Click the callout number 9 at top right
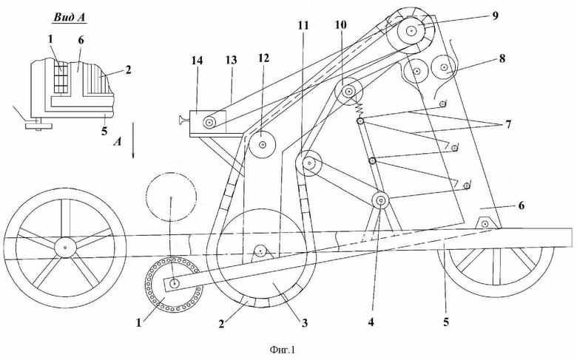click(x=495, y=16)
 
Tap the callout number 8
click(x=502, y=58)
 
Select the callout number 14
click(x=197, y=61)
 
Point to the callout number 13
click(x=232, y=61)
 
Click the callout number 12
click(x=263, y=58)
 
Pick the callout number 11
click(x=303, y=25)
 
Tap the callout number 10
click(x=341, y=25)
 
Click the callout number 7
click(x=508, y=125)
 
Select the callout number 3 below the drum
click(x=304, y=323)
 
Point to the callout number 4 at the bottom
click(x=371, y=322)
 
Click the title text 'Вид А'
click(x=70, y=17)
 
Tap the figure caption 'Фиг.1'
click(x=283, y=350)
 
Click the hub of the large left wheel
click(x=65, y=248)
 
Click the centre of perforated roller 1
click(x=175, y=284)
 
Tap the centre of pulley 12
click(x=263, y=145)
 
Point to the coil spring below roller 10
click(x=359, y=107)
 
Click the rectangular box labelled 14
click(x=208, y=123)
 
